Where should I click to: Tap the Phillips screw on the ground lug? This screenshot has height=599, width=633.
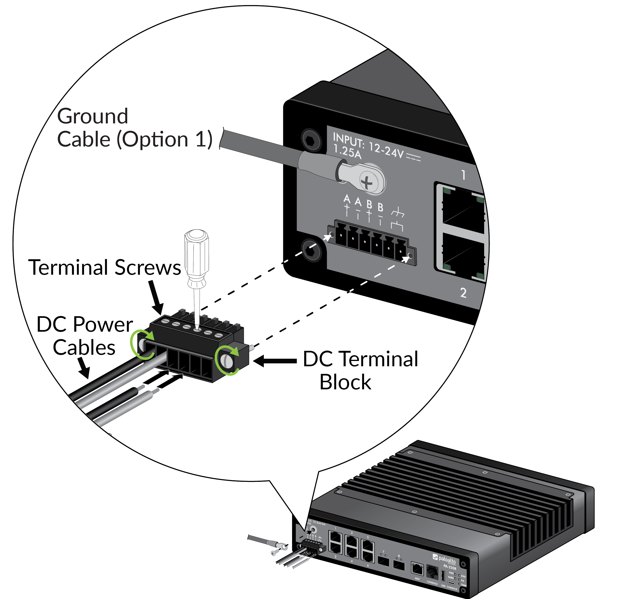point(367,182)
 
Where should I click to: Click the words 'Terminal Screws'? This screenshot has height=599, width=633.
point(105,268)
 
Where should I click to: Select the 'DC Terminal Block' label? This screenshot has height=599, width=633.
point(360,370)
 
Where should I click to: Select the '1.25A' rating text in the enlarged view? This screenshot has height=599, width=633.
point(347,151)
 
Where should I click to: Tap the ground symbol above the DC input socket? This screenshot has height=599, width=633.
point(398,213)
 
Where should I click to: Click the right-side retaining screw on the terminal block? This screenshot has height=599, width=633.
point(227,361)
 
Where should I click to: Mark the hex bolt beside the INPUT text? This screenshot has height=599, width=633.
point(311,140)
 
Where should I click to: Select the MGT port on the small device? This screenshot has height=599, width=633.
point(417,569)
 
